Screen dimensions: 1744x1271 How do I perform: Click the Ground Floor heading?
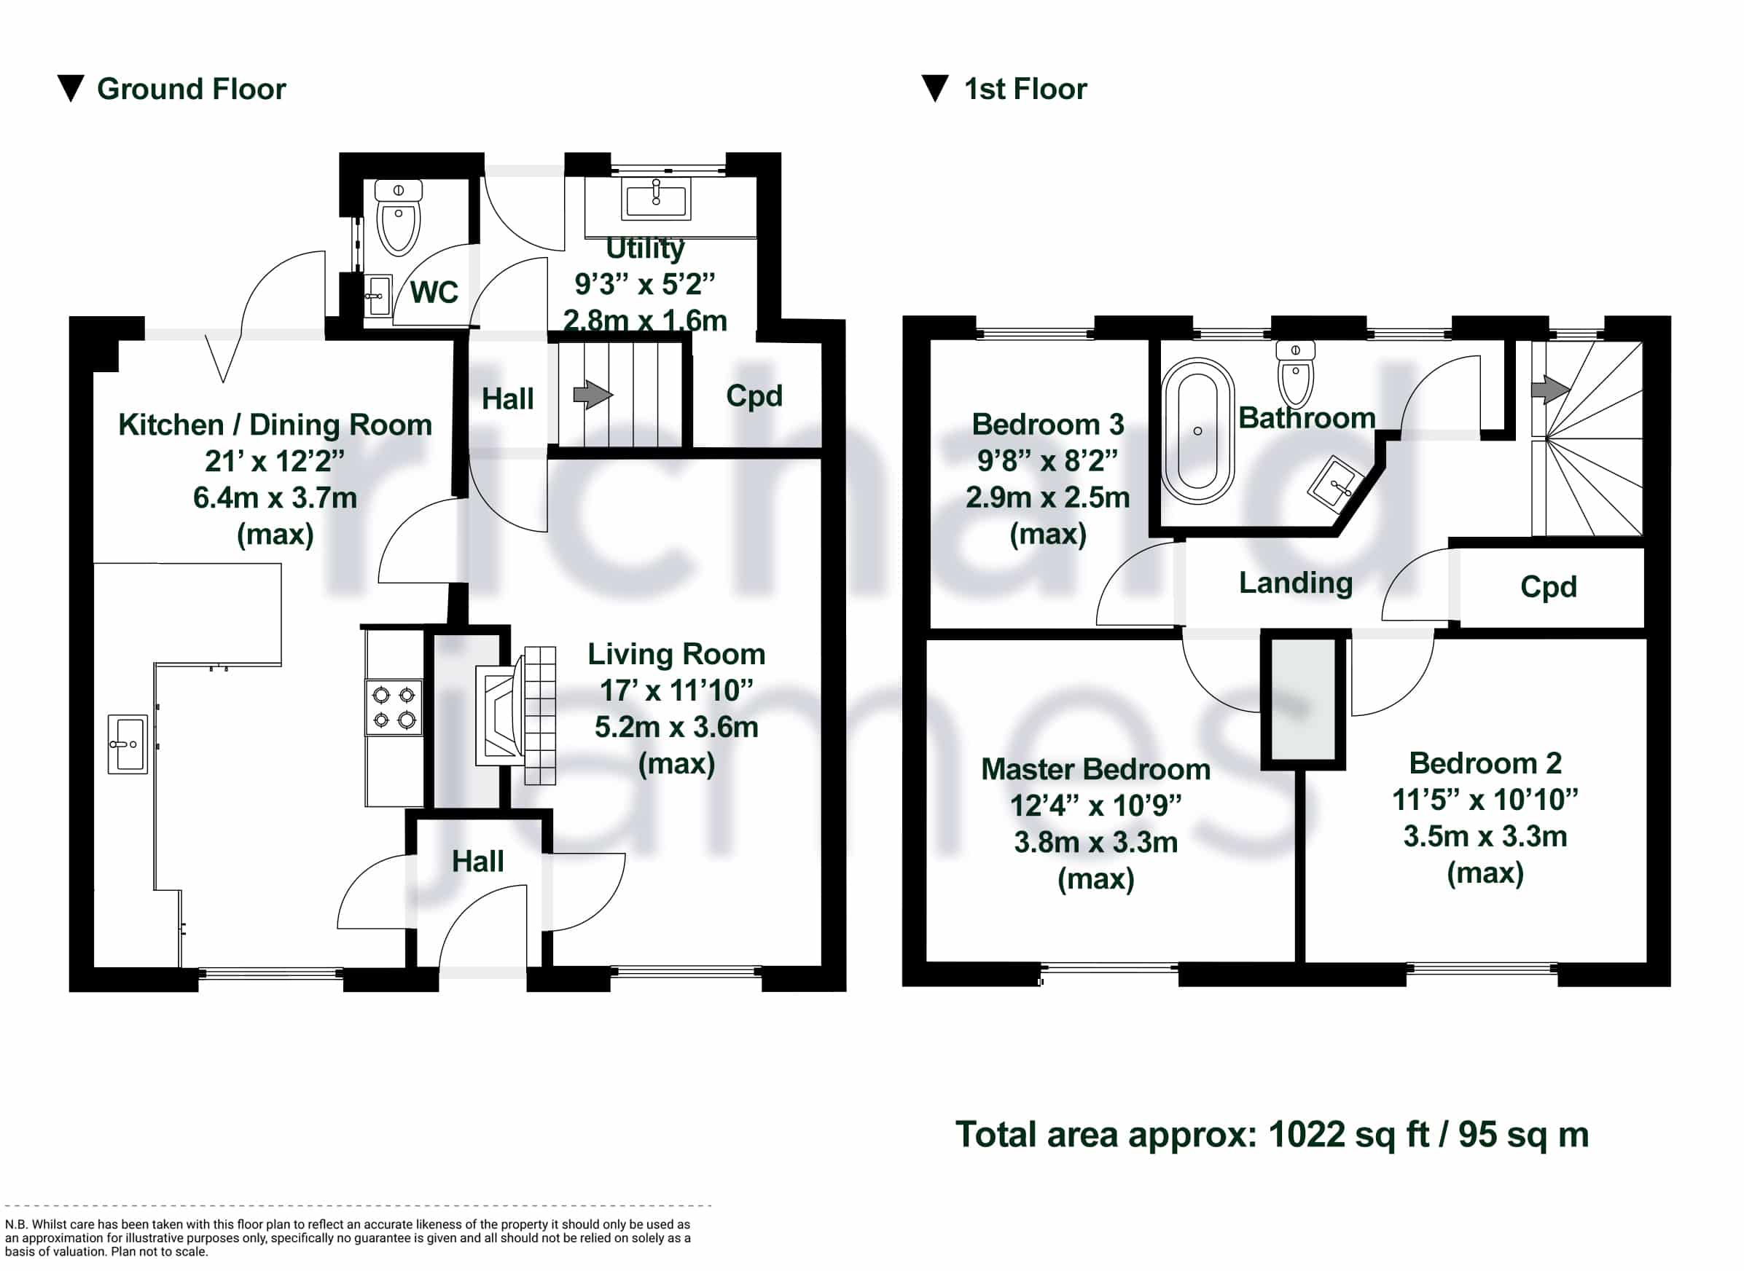191,90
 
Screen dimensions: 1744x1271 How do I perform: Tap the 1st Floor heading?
1025,90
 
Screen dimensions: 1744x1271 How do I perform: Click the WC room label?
434,292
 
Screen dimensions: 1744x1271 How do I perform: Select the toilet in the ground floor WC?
398,218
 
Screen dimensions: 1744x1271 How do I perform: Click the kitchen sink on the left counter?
127,744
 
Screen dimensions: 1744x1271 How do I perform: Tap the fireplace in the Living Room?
515,715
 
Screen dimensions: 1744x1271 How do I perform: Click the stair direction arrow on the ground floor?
593,396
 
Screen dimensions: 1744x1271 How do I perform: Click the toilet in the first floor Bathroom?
1295,374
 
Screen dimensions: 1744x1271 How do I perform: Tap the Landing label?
1295,584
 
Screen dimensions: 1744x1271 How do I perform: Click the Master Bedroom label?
1095,769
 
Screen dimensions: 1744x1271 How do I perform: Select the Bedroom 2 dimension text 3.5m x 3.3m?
1485,836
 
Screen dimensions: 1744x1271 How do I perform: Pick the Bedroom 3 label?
1047,425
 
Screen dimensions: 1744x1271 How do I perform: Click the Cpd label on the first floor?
1549,587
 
